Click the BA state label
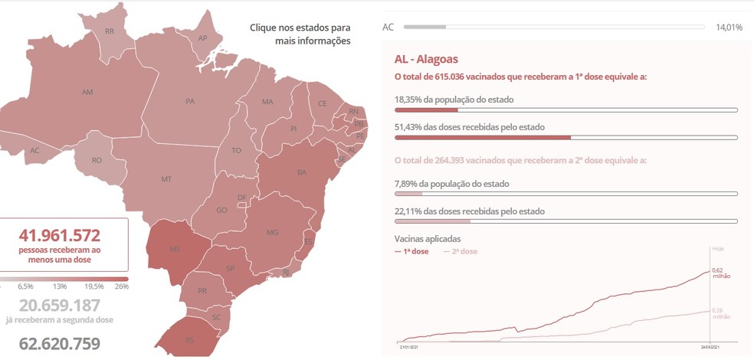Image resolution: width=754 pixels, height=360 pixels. click(301, 172)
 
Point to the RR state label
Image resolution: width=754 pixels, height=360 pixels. click(110, 31)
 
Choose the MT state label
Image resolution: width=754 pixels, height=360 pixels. click(166, 179)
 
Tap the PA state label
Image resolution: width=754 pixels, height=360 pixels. click(190, 101)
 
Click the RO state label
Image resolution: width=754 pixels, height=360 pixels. click(97, 160)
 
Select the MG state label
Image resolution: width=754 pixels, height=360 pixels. click(271, 232)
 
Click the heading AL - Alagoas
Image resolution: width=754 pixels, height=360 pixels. click(426, 59)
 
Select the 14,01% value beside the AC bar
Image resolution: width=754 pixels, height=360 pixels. click(729, 28)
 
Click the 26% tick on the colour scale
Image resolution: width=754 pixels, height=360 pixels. click(121, 286)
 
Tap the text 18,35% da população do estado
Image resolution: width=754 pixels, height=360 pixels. click(454, 100)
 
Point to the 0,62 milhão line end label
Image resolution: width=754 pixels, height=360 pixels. click(717, 273)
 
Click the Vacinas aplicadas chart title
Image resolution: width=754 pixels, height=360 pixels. click(428, 238)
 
